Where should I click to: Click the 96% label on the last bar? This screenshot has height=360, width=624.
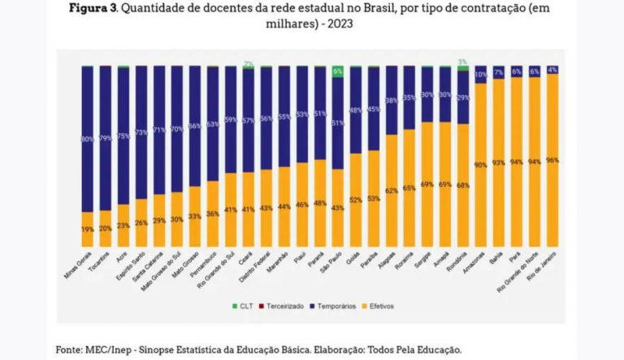pos(552,160)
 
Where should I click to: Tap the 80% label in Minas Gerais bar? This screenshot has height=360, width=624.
pos(87,139)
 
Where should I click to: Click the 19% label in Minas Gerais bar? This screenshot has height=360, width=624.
pos(87,230)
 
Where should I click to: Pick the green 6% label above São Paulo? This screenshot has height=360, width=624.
pos(337,72)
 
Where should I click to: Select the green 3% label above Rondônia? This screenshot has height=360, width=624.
pos(462,62)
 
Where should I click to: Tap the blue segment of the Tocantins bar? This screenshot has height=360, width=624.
pos(105,138)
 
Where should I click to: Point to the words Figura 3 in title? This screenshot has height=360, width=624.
pos(97,9)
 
